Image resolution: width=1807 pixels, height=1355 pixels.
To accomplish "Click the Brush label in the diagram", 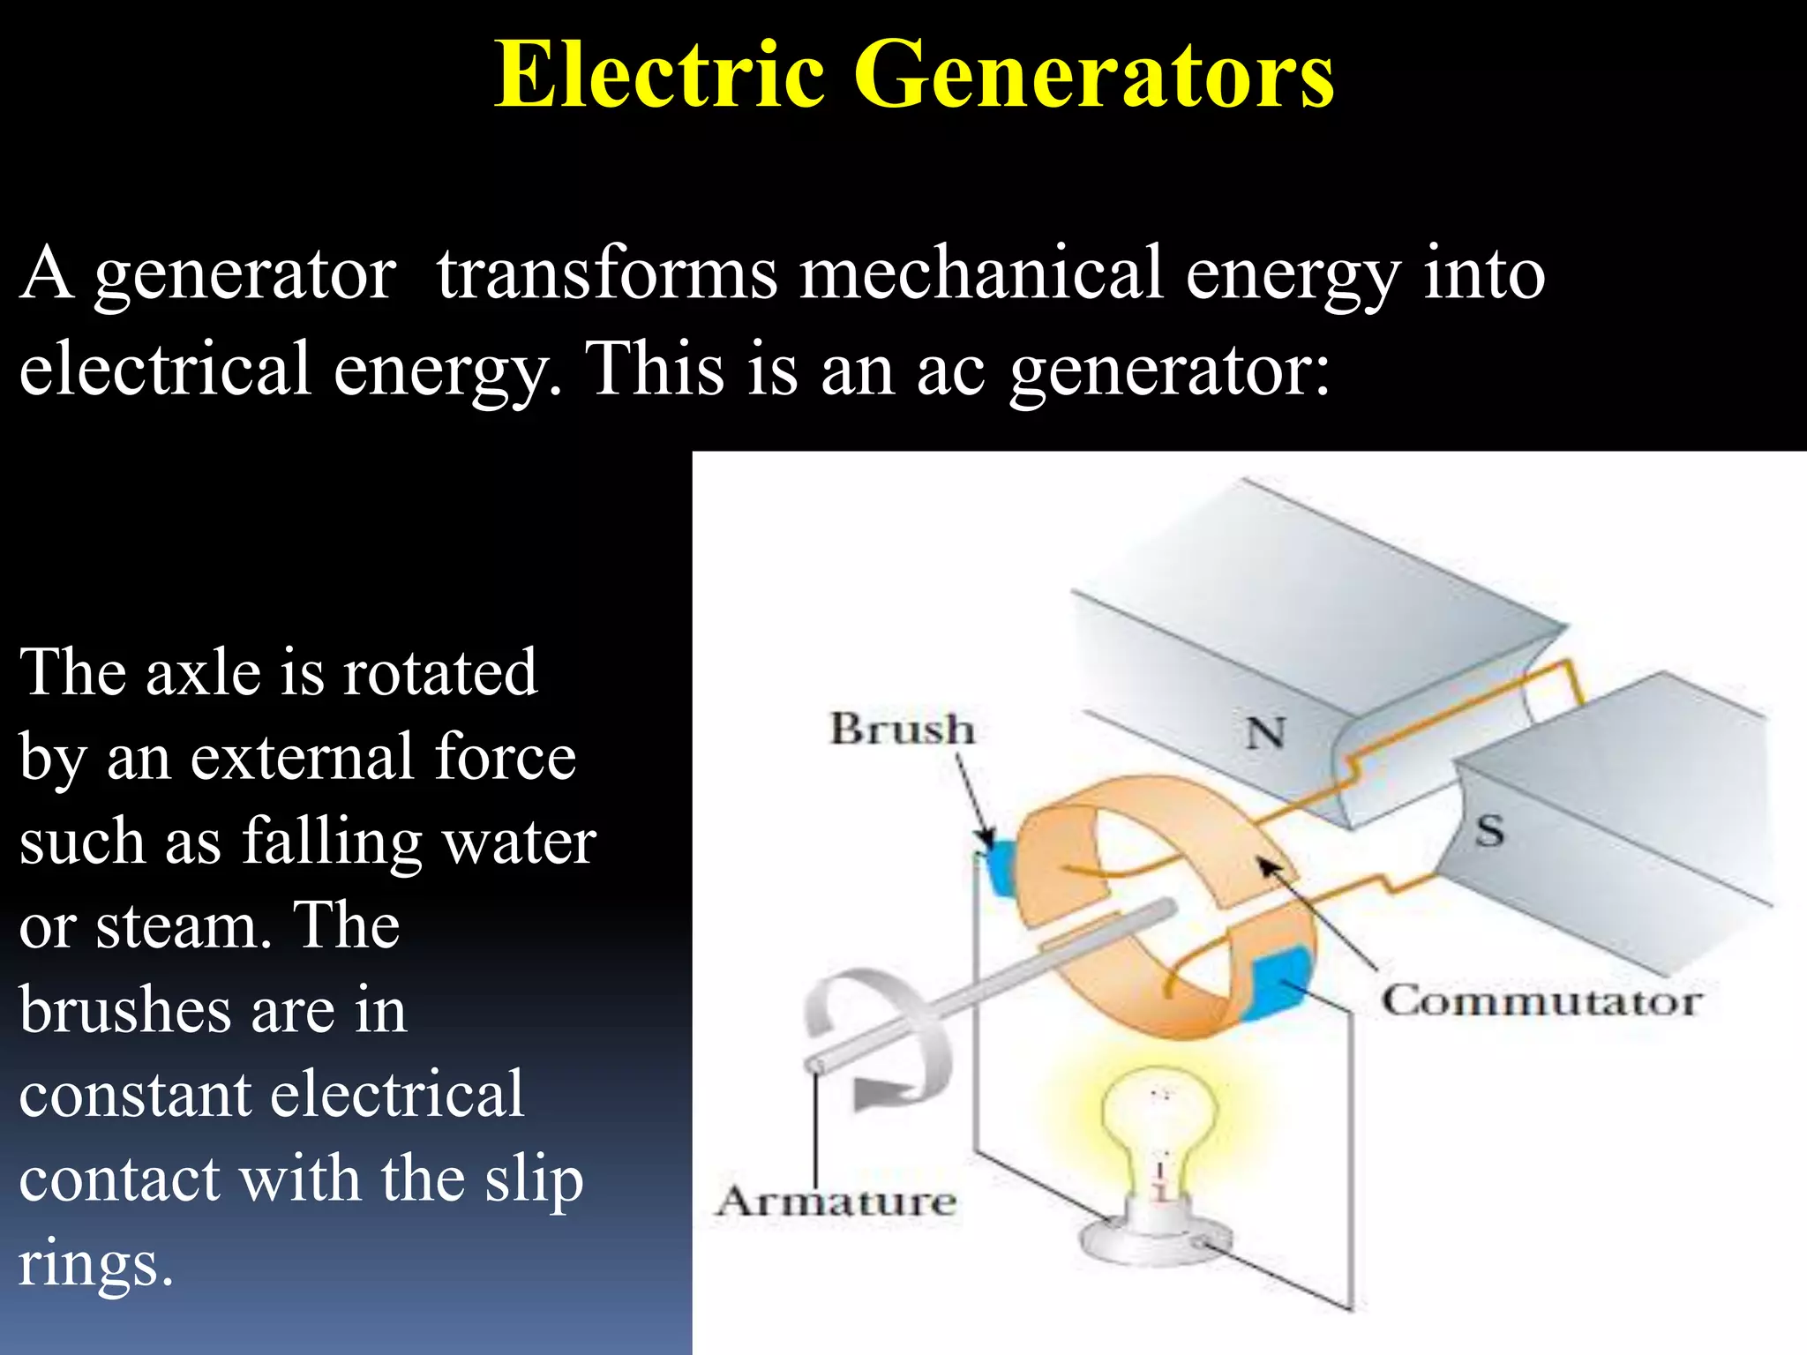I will tap(902, 730).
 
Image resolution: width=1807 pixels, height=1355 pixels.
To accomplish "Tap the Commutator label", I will tap(1541, 1001).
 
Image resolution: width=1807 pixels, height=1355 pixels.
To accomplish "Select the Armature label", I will tap(836, 1202).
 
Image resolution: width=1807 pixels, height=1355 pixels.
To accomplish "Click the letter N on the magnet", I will tap(1264, 733).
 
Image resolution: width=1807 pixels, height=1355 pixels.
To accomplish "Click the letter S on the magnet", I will tap(1489, 831).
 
